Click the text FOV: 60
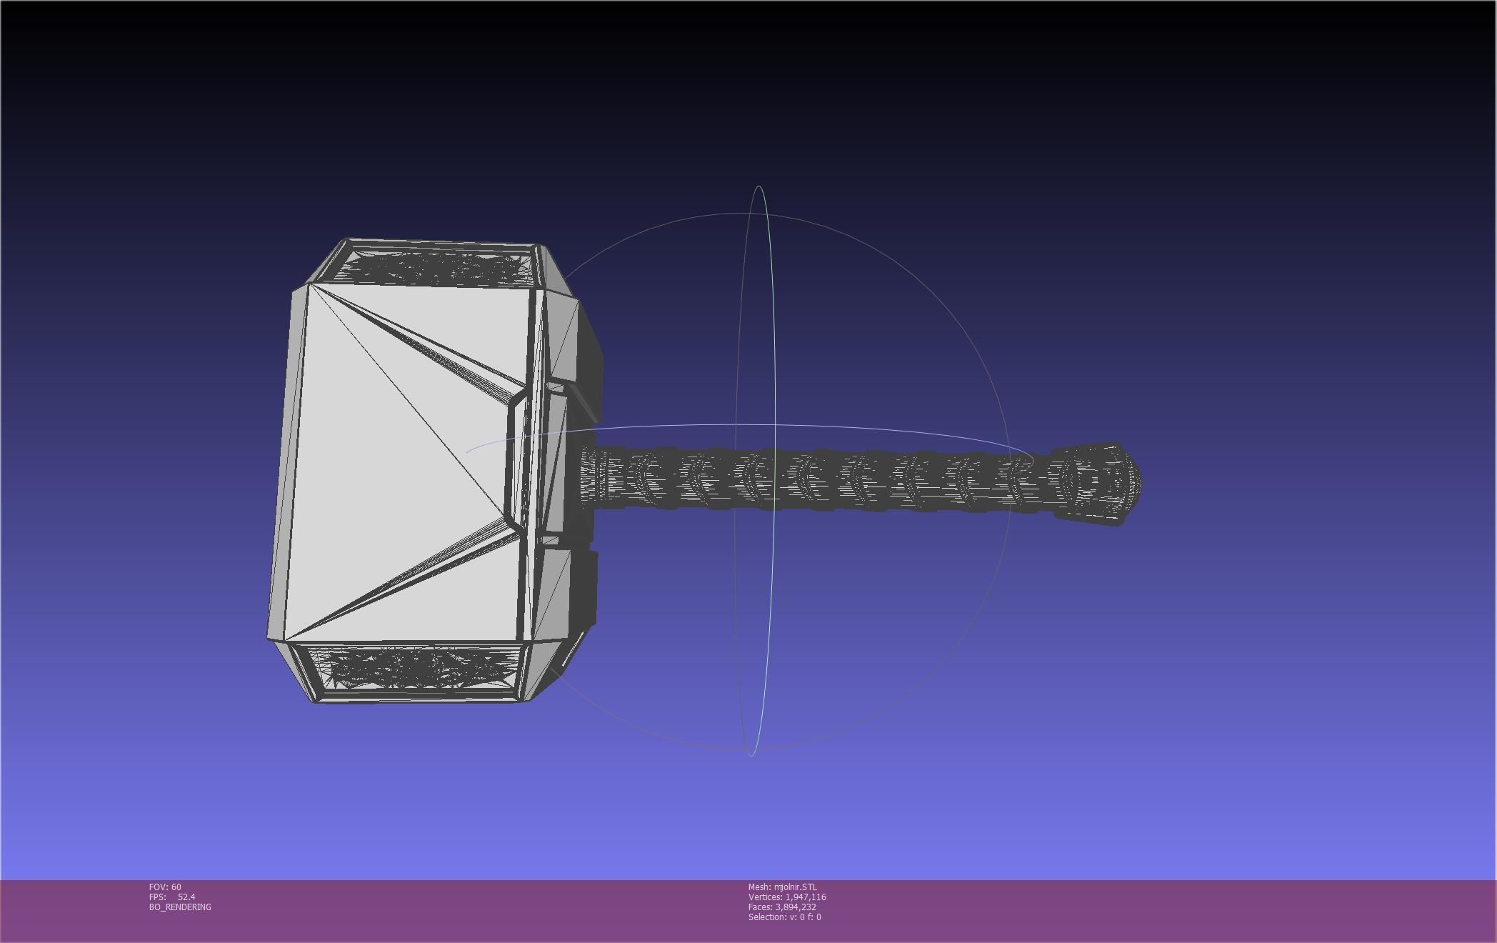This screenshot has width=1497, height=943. (165, 887)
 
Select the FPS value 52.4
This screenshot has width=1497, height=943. (186, 897)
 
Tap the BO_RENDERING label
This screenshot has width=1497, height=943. (180, 907)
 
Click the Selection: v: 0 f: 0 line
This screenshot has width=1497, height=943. (784, 917)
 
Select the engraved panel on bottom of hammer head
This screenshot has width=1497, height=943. (421, 669)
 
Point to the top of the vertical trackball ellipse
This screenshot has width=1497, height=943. (758, 187)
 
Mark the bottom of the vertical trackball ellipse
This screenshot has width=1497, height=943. (751, 754)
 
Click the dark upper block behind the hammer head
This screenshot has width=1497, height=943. (590, 357)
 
